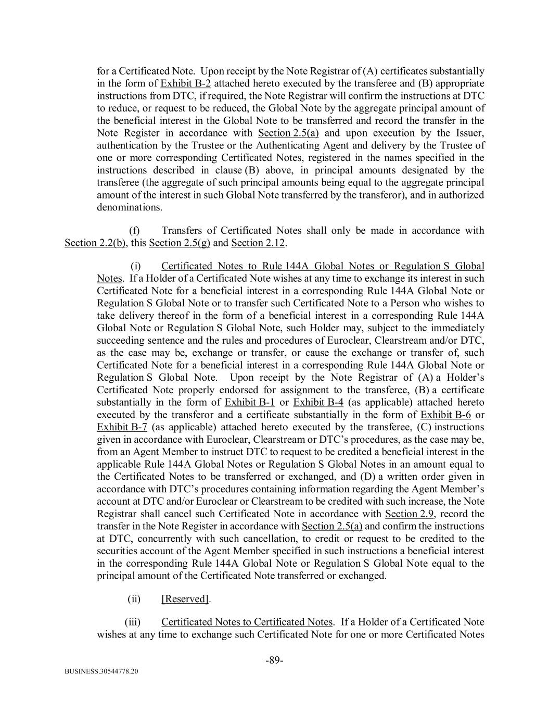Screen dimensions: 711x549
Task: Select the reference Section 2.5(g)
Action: click(x=180, y=243)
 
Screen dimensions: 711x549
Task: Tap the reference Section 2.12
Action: click(x=258, y=243)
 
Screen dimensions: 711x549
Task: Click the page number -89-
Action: click(x=274, y=660)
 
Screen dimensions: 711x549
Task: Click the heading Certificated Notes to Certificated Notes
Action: click(x=247, y=622)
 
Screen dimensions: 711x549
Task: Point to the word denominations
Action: click(x=129, y=207)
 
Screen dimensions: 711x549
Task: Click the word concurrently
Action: click(x=148, y=539)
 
